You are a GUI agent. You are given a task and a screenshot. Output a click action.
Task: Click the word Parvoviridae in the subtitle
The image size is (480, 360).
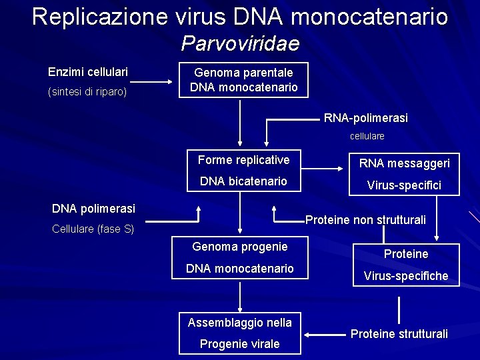(240, 43)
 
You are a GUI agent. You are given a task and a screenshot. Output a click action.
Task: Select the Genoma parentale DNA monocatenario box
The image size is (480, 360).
(244, 80)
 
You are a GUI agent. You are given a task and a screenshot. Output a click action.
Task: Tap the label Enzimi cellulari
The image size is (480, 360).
(88, 71)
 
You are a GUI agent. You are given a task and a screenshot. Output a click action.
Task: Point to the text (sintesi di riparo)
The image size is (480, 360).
(87, 91)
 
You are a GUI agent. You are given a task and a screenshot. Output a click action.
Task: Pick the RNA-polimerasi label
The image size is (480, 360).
(366, 118)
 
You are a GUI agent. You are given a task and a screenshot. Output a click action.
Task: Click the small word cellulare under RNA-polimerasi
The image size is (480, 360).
(367, 136)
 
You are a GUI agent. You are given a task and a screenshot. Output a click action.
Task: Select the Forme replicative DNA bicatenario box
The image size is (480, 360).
(244, 171)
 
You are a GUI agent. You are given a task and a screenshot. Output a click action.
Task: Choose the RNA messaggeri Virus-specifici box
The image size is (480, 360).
(405, 174)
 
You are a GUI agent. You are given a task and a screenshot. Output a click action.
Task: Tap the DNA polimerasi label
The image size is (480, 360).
(93, 208)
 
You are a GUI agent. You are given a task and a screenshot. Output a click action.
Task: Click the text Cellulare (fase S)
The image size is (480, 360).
(93, 229)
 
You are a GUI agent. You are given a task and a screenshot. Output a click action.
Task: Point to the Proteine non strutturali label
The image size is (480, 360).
(365, 220)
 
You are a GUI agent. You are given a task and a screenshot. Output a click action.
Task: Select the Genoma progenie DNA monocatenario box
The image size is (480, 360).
(240, 258)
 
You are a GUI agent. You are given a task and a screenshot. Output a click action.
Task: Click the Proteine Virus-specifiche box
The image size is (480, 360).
(406, 265)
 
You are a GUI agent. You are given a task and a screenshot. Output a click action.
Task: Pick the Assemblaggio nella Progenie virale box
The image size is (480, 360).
(240, 333)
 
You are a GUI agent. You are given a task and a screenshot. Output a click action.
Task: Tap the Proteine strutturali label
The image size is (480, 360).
(399, 334)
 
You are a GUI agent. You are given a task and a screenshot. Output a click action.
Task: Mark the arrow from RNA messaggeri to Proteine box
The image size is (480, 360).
(437, 217)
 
